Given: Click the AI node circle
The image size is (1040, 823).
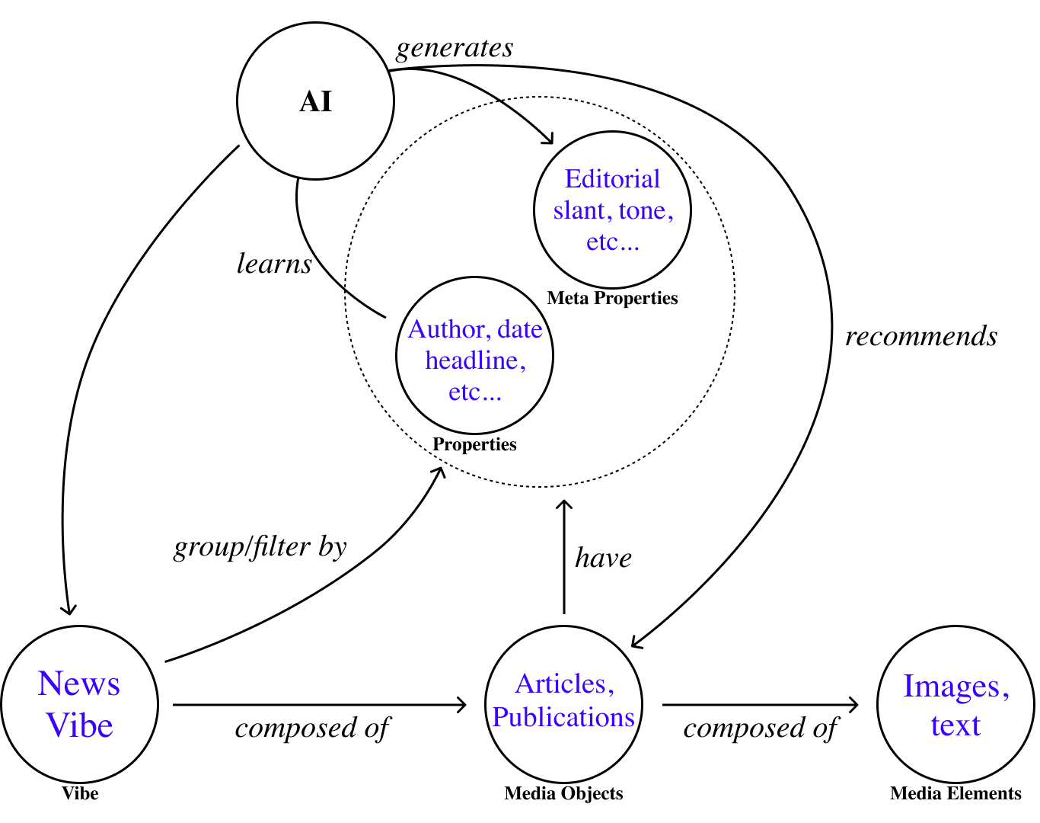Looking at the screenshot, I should [x=316, y=101].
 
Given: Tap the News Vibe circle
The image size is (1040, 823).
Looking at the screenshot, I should [x=80, y=705].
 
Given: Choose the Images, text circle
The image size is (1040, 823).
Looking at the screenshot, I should [x=955, y=705].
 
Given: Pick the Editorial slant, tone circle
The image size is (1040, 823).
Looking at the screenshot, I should [x=613, y=210].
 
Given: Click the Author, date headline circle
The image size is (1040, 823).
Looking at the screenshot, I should [x=474, y=356].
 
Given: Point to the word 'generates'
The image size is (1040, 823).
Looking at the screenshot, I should [x=455, y=48].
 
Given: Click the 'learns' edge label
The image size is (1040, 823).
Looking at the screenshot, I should [x=274, y=264].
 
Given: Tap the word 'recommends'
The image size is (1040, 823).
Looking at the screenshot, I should [x=921, y=336].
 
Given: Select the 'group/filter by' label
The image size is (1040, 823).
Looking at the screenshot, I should [x=260, y=547].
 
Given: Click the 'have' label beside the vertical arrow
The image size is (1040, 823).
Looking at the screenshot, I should [x=603, y=558].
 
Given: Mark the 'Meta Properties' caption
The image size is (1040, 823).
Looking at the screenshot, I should [x=612, y=298].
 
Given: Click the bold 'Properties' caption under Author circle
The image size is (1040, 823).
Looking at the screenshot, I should [x=474, y=444].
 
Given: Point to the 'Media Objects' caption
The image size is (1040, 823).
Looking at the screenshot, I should [x=563, y=794].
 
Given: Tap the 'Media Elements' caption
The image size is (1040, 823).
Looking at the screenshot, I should [x=955, y=794].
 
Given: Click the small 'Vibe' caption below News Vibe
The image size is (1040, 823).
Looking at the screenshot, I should [x=80, y=794].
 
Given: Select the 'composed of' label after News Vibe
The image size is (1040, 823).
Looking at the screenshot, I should [x=312, y=729].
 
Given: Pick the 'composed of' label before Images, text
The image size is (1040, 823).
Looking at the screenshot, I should [x=761, y=729].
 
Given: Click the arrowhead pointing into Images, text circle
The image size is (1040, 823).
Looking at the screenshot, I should [x=854, y=705].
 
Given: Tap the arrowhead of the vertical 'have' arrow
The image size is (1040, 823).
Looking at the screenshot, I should [x=564, y=504].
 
